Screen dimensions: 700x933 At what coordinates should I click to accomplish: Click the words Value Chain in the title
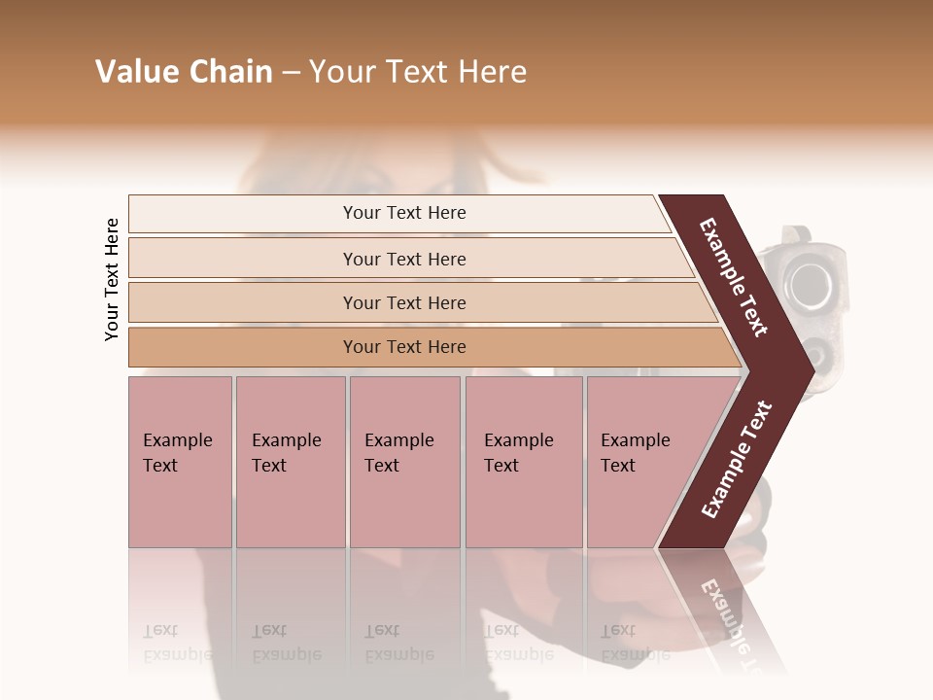click(184, 72)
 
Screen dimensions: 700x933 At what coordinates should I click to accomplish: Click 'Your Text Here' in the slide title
click(417, 72)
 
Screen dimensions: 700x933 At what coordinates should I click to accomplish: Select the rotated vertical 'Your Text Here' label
click(112, 280)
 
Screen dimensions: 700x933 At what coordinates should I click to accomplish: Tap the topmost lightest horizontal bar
click(403, 213)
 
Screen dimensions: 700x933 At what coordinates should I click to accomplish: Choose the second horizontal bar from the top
click(403, 259)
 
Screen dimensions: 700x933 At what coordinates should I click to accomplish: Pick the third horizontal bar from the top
click(403, 302)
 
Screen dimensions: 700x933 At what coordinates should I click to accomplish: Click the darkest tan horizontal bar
click(403, 347)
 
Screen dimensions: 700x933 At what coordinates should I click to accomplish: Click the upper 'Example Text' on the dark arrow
click(734, 277)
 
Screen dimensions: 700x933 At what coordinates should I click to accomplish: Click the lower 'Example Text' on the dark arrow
click(737, 459)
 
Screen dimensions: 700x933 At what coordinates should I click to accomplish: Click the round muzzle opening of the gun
click(809, 283)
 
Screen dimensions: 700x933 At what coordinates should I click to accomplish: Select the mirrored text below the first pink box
click(177, 643)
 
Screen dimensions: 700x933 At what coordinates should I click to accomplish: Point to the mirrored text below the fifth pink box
click(634, 643)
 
